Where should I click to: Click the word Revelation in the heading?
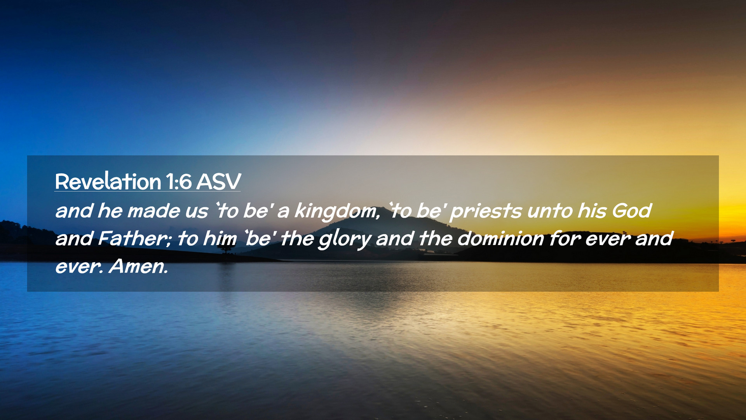(108, 181)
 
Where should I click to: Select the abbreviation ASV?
(219, 182)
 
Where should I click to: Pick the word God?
(632, 211)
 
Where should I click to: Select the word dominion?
(500, 238)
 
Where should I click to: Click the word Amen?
(139, 266)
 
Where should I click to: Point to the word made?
(154, 211)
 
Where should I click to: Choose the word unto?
(549, 211)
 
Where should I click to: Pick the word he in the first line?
(110, 211)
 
